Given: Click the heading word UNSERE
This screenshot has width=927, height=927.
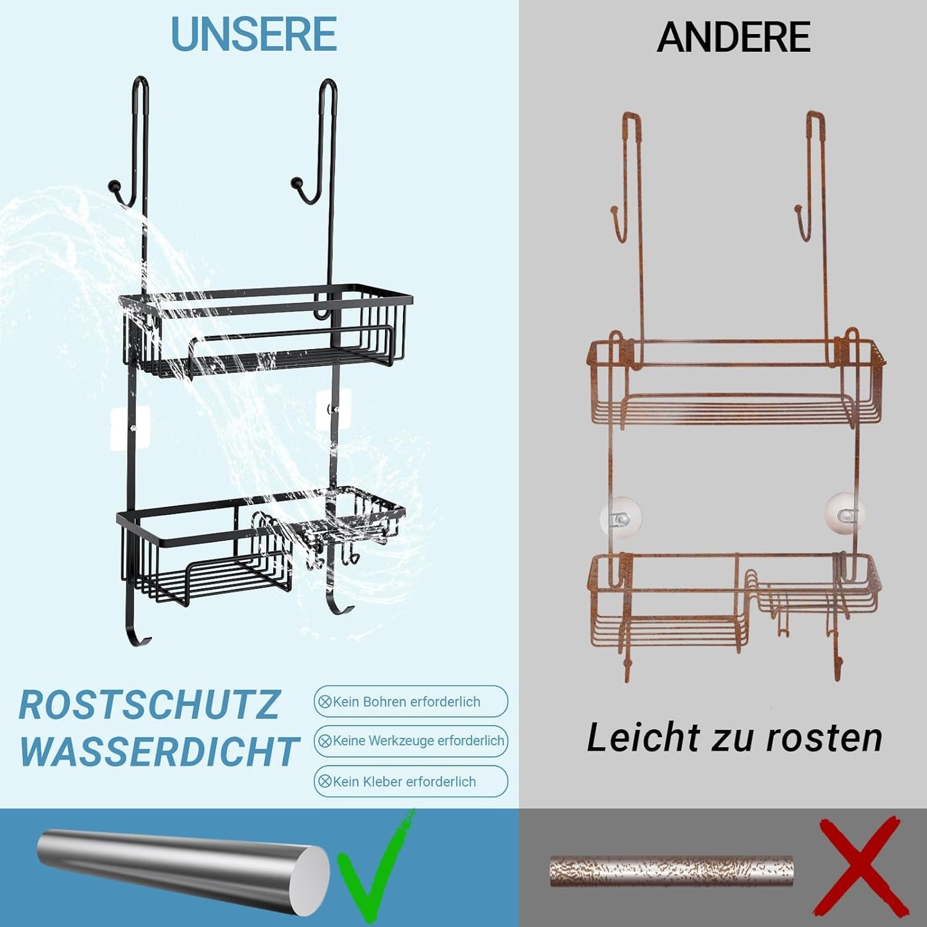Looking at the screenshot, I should pyautogui.click(x=254, y=35).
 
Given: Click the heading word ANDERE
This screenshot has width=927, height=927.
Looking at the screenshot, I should pyautogui.click(x=733, y=37).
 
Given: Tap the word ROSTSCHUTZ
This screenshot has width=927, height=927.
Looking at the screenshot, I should pyautogui.click(x=149, y=704).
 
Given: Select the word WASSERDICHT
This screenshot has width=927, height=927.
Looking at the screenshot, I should pyautogui.click(x=159, y=751).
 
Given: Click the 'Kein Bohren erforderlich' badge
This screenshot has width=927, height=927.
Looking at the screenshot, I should pyautogui.click(x=411, y=702).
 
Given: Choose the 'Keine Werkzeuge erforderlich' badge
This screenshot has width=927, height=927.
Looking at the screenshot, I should pyautogui.click(x=411, y=741).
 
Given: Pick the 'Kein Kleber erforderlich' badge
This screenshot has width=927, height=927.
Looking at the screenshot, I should pyautogui.click(x=411, y=781).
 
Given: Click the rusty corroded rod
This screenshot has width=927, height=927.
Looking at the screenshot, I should pyautogui.click(x=671, y=871).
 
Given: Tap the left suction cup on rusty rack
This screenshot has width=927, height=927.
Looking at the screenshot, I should pyautogui.click(x=620, y=515).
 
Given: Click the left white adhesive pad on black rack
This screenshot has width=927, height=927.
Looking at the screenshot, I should pyautogui.click(x=130, y=427).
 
